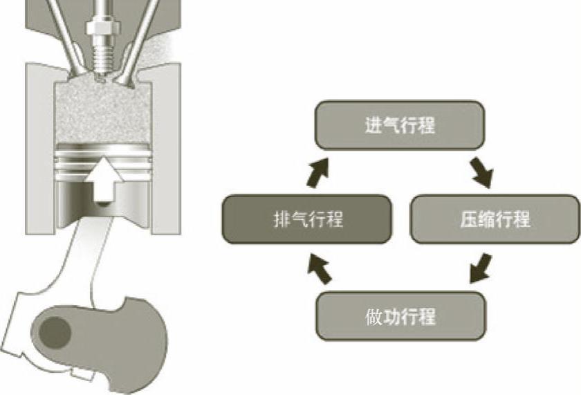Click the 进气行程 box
coord(399,125)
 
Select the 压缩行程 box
coord(495,219)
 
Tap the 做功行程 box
coord(400,317)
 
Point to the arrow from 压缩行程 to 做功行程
coord(479,268)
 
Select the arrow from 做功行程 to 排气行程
coord(319,268)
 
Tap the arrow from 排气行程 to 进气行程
coord(318,172)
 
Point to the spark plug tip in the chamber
coord(103,73)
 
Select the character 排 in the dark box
coord(281,220)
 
